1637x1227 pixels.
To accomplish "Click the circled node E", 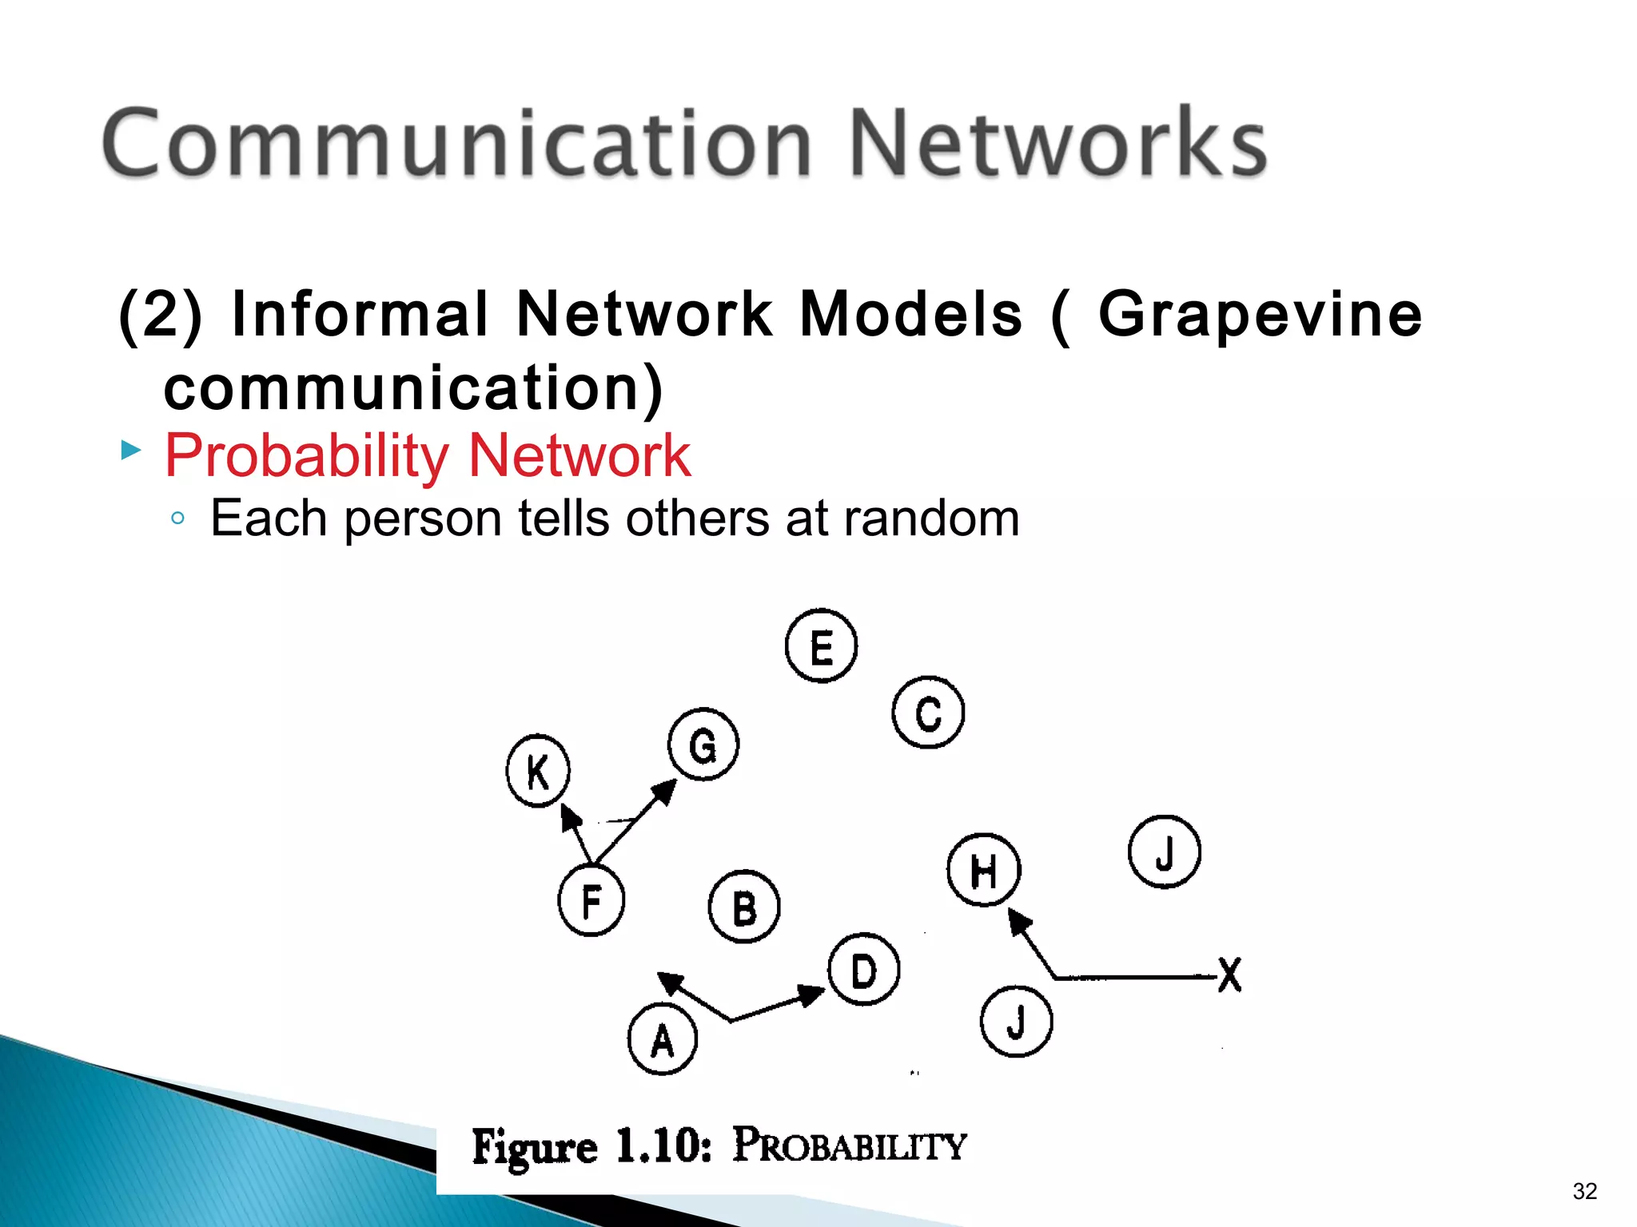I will tap(821, 645).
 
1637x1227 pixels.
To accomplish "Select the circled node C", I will tap(928, 713).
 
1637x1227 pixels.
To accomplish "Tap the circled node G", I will tap(703, 745).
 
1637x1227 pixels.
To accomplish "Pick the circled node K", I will tap(538, 771).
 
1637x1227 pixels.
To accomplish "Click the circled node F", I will tap(591, 901).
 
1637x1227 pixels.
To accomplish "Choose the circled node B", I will tap(744, 907).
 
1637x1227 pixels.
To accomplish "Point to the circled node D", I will tap(864, 970).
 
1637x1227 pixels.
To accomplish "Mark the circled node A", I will tap(663, 1039).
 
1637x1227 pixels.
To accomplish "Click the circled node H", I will tap(984, 870).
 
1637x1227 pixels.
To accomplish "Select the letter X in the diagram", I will tap(1229, 975).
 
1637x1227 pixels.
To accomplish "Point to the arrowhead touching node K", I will tap(570, 816).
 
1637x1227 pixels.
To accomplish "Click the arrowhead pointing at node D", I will tap(811, 995).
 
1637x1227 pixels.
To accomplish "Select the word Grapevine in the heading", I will tap(1260, 314).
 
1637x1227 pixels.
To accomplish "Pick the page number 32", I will tap(1584, 1191).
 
